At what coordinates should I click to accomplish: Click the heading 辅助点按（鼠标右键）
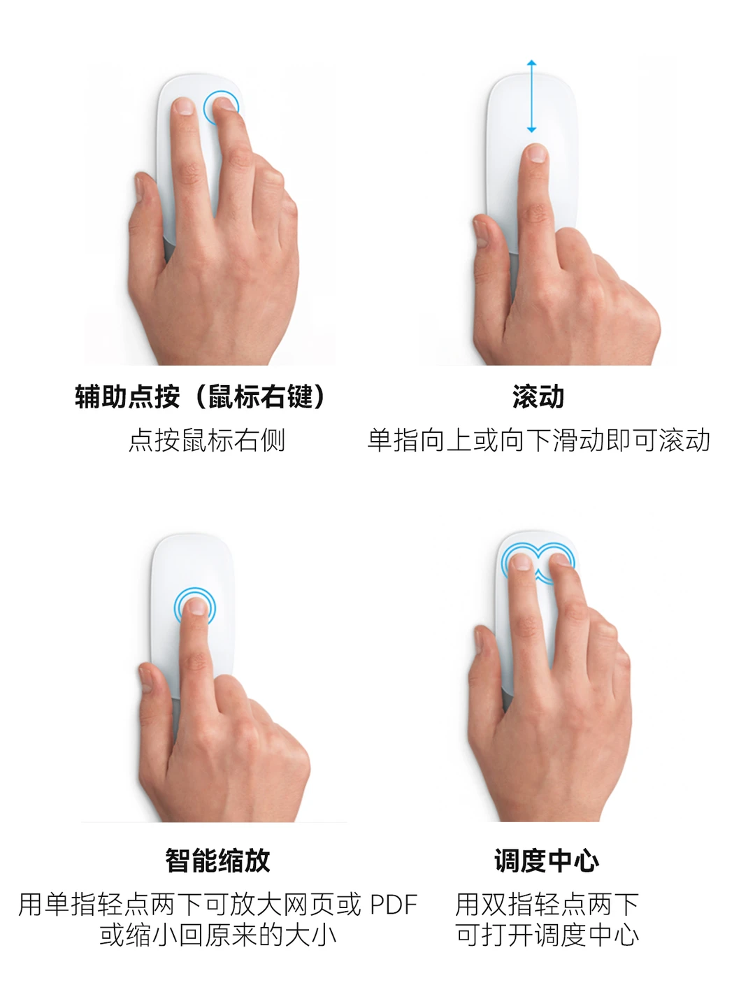click(200, 396)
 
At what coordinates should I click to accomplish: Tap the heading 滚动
click(538, 396)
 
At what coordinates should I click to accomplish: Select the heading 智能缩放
click(217, 861)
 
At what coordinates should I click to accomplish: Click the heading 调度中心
click(547, 861)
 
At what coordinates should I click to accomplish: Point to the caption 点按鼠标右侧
click(207, 440)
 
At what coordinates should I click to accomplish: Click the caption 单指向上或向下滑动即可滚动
click(539, 440)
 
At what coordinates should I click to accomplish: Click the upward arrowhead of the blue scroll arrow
click(531, 63)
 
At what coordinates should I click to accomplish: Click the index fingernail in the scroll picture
click(536, 153)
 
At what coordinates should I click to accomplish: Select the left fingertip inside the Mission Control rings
click(521, 561)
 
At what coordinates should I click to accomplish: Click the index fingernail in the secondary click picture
click(185, 106)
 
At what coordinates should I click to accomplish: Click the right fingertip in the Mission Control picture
click(560, 559)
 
